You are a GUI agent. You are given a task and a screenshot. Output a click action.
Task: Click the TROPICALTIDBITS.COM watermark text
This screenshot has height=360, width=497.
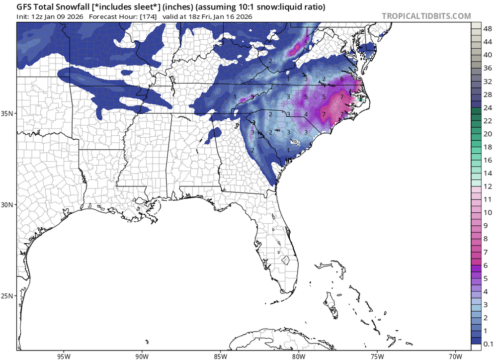(426, 16)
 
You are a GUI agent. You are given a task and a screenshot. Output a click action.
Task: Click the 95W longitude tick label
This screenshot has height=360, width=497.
(63, 355)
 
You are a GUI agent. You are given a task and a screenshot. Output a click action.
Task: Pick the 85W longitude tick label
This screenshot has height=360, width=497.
(220, 355)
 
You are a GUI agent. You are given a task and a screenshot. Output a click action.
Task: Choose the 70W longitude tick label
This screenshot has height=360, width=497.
(455, 355)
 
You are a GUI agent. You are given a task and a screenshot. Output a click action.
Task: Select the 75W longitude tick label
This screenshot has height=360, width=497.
(377, 355)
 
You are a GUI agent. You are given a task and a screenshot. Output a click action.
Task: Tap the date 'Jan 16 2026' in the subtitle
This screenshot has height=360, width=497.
(232, 16)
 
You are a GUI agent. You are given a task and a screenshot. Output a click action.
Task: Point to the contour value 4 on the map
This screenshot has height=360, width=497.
(306, 114)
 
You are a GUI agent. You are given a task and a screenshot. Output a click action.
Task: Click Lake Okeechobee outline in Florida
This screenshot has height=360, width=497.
(286, 260)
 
